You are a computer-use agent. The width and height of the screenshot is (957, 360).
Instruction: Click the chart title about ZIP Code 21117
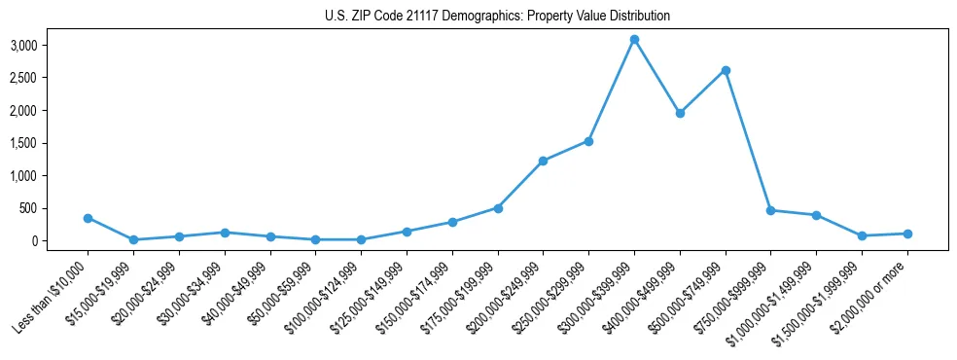pos(497,17)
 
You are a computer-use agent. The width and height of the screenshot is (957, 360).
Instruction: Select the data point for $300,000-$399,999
pos(634,40)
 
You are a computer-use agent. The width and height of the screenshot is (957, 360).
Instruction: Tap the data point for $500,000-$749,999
pos(726,70)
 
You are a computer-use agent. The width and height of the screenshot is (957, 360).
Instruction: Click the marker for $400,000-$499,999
pos(680,113)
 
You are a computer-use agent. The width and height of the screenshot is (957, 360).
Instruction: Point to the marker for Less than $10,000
pos(88,218)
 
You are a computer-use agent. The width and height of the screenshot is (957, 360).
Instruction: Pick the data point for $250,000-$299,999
pos(588,141)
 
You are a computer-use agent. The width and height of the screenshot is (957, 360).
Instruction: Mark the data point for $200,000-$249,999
pos(543,161)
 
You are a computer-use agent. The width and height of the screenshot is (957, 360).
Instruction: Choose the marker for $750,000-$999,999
pos(770,210)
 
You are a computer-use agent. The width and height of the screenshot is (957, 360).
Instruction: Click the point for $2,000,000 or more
pos(907,234)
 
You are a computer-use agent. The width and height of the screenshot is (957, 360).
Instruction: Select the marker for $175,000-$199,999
pos(498,208)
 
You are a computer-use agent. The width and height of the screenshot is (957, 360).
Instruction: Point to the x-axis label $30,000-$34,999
pos(189,293)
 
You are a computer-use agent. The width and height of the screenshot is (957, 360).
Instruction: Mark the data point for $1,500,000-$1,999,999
pos(862,235)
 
